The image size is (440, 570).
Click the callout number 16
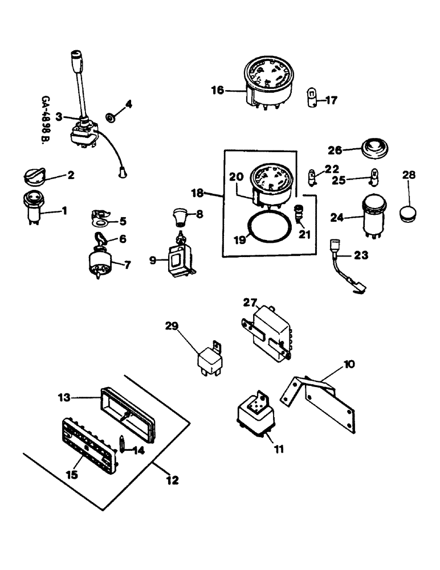[217, 89]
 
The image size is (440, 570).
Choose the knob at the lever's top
[77, 60]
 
